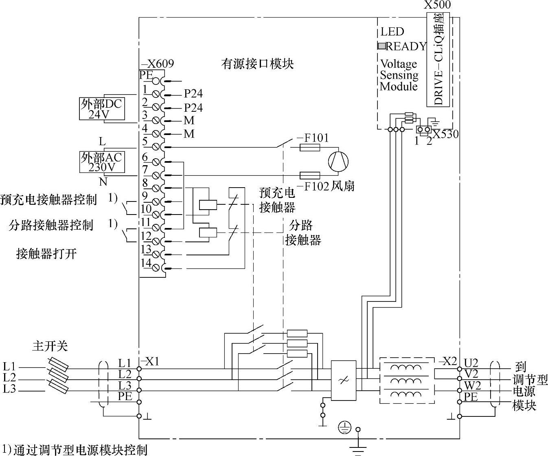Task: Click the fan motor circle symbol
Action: point(338,161)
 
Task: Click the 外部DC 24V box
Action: point(102,108)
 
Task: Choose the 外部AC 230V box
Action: point(102,162)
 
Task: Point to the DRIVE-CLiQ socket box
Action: point(438,60)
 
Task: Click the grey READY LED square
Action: point(381,46)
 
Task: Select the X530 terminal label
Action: point(445,134)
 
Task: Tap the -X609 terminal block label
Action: point(157,64)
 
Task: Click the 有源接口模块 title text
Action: point(257,64)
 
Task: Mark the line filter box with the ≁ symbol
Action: point(344,380)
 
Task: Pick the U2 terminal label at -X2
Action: point(471,363)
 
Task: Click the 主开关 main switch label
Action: point(50,346)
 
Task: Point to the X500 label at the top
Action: point(437,5)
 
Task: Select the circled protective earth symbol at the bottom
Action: point(344,427)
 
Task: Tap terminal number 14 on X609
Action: point(146,263)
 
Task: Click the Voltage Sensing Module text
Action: point(399,75)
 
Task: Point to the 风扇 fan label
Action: point(343,186)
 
